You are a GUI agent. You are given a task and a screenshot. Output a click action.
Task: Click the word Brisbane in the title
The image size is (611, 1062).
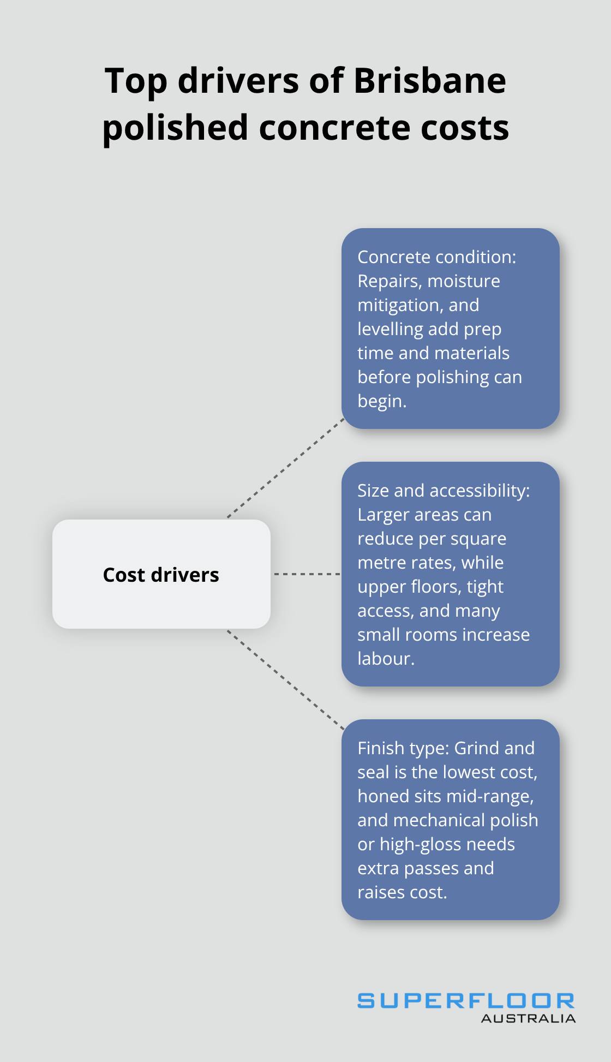(x=430, y=81)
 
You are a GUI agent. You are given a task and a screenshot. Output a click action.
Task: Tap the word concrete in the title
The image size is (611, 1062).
(x=334, y=128)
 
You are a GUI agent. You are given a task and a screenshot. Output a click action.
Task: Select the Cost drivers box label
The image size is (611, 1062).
(x=161, y=575)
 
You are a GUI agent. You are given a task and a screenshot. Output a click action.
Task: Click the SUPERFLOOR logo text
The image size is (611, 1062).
(x=465, y=1001)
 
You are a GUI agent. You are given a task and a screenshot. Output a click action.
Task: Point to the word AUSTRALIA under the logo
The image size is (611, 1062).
(x=528, y=1018)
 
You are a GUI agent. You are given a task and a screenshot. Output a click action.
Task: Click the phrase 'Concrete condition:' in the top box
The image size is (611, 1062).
(x=436, y=257)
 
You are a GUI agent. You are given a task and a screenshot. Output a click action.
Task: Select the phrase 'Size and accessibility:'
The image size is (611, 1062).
(x=443, y=491)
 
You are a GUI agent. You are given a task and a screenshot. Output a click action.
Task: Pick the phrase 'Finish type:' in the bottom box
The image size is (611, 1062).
(x=404, y=748)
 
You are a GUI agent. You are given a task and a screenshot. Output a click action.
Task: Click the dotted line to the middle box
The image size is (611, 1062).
(x=307, y=574)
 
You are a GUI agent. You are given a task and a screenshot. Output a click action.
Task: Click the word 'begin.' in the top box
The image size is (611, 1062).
(x=382, y=401)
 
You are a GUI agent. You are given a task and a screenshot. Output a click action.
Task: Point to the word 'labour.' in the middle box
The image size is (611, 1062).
(x=386, y=659)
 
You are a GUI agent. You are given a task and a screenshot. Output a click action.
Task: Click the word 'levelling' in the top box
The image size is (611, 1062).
(x=391, y=329)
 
